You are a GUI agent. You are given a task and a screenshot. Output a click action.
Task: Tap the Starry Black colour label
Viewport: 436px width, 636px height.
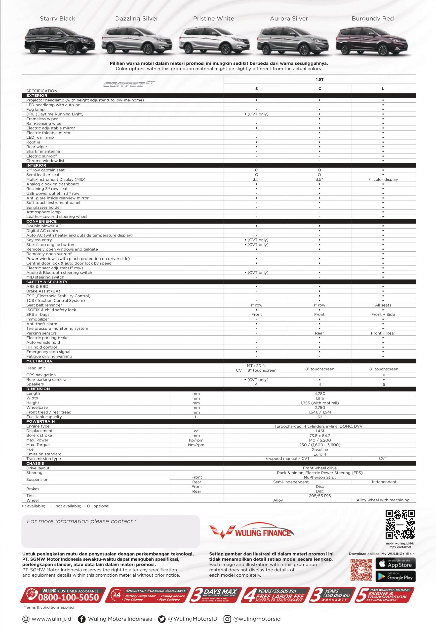tap(57, 19)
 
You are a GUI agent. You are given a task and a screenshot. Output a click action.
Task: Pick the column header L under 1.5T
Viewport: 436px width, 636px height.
tap(383, 89)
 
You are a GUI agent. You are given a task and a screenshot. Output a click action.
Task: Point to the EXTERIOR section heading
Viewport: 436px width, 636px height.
tap(37, 95)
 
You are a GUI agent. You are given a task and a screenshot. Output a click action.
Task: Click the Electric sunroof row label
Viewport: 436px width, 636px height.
tap(41, 156)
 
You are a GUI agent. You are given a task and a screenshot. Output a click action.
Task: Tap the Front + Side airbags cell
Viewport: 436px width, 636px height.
tap(383, 315)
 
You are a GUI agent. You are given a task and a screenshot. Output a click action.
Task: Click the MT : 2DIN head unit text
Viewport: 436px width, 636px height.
tap(256, 366)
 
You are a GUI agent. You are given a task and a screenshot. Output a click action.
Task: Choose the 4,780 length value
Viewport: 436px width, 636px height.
tap(320, 394)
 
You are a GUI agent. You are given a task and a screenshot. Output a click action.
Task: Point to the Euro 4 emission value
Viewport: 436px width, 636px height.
tap(320, 454)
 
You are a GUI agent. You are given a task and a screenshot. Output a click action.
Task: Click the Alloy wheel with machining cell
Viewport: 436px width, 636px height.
tap(383, 500)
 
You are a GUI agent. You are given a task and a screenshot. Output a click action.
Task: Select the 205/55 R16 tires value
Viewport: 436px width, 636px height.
tap(320, 496)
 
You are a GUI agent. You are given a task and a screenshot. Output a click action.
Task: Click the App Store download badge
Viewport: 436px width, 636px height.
tap(395, 563)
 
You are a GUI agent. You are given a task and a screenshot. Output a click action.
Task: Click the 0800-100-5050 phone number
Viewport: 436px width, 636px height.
tap(68, 598)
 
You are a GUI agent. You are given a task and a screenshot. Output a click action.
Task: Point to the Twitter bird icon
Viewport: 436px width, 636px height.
tap(162, 619)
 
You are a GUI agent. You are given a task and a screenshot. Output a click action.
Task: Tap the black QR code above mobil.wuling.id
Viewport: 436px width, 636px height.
tap(400, 525)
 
